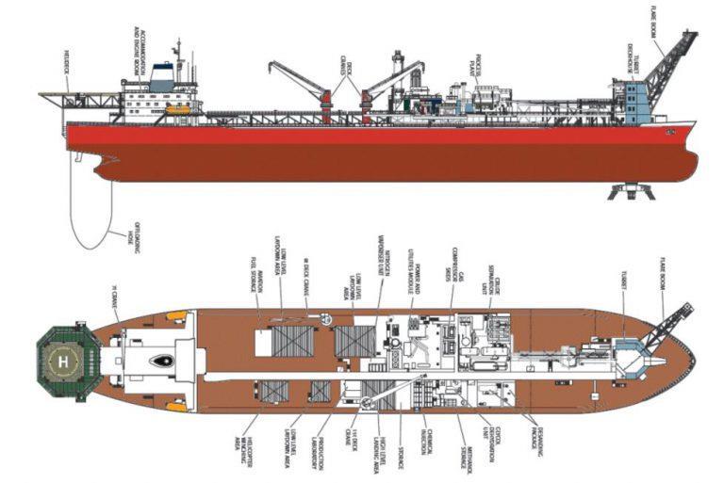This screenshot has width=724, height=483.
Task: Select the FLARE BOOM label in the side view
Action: (653, 20)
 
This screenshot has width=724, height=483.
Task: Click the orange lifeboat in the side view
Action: (176, 109)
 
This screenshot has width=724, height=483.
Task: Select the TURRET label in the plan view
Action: (624, 299)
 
